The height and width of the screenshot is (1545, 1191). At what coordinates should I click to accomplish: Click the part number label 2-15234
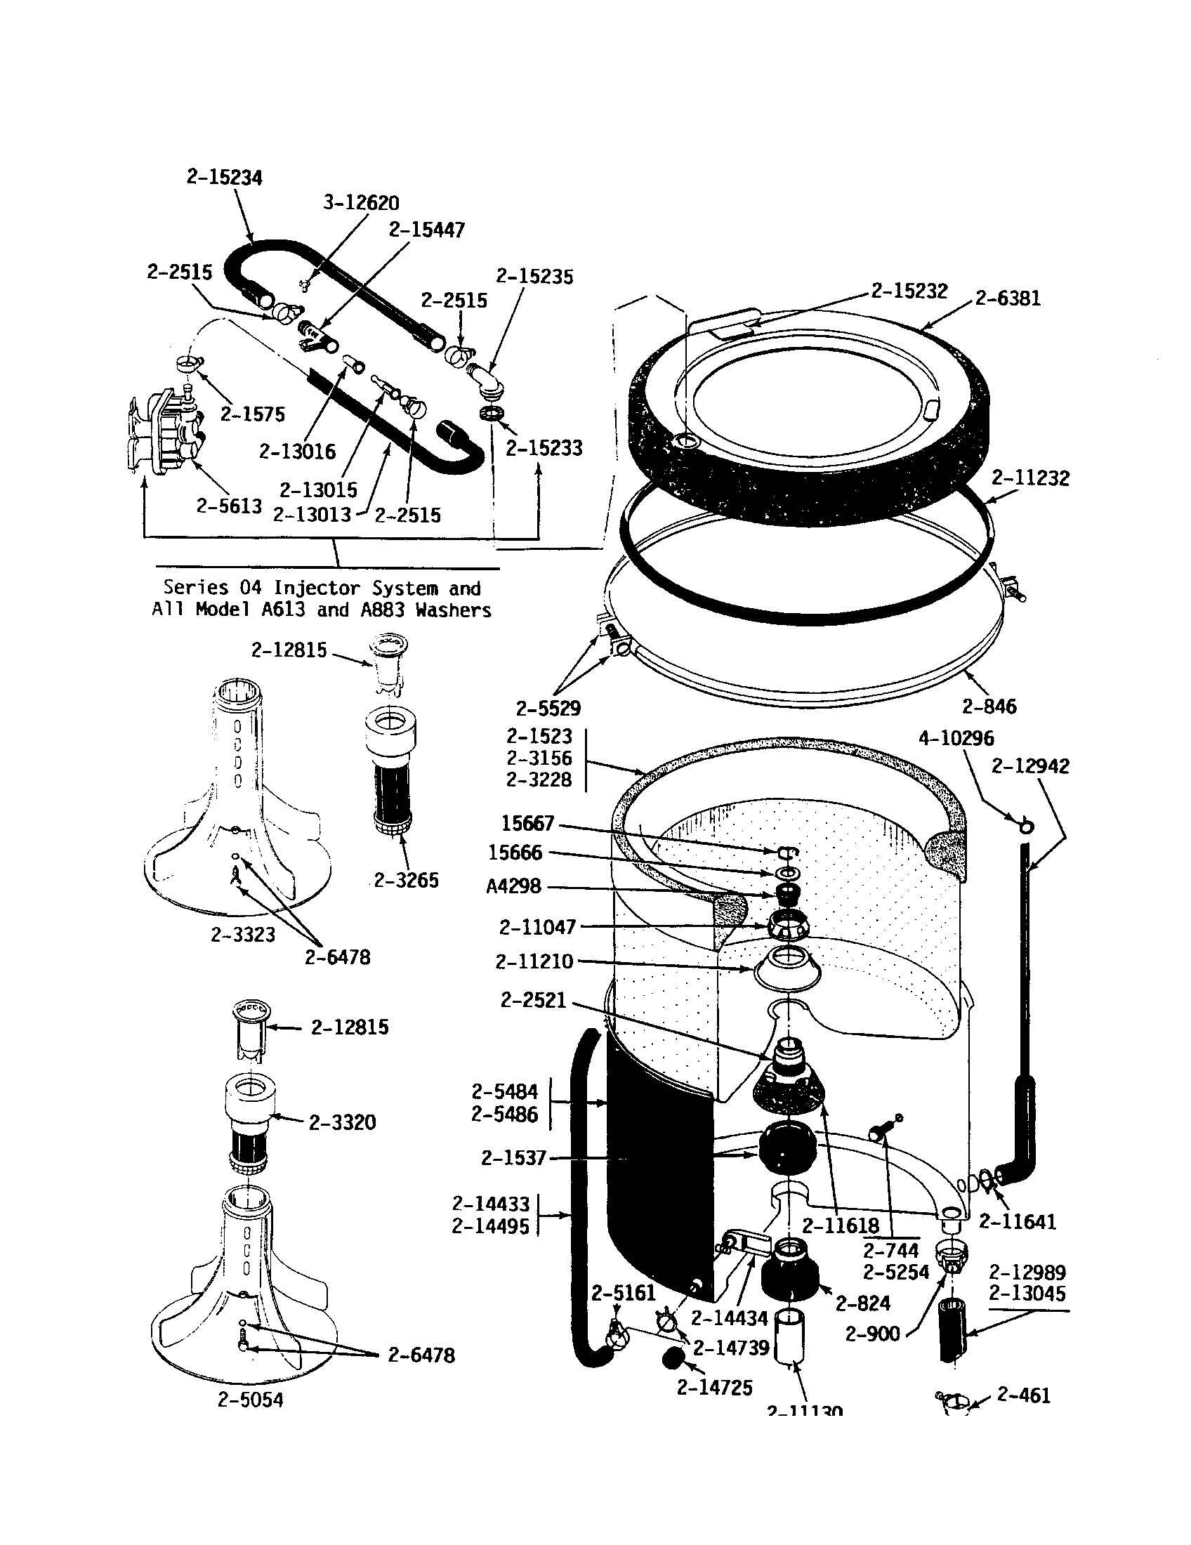click(x=224, y=177)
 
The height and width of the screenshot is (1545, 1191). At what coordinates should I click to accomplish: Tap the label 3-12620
click(x=361, y=203)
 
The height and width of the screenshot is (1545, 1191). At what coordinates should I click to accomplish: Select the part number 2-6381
click(x=1008, y=298)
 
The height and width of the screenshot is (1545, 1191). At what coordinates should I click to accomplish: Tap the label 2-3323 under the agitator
click(x=242, y=935)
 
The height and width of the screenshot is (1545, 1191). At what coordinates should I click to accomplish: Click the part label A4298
click(x=513, y=886)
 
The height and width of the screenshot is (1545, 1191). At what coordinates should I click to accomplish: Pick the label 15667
click(x=527, y=824)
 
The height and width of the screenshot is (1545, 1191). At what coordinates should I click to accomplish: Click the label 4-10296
click(x=956, y=739)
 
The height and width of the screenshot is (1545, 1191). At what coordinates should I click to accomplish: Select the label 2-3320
click(x=342, y=1122)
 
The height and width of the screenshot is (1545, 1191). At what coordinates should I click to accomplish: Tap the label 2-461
click(x=1023, y=1395)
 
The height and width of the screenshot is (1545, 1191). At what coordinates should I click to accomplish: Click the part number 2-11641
click(x=1017, y=1222)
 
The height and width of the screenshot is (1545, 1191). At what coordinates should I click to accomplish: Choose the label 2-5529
click(x=548, y=708)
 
